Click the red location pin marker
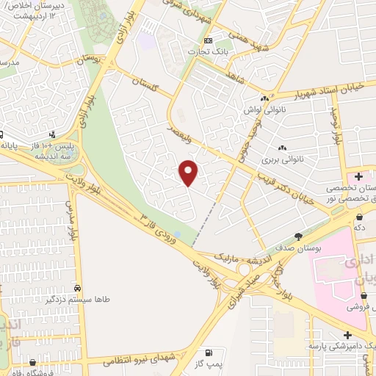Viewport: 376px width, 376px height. click(189, 172)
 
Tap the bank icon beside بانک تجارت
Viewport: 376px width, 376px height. click(209, 40)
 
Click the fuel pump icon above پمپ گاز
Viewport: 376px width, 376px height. click(211, 354)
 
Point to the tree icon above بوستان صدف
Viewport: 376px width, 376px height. click(299, 236)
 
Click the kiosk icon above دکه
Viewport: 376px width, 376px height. click(359, 217)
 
